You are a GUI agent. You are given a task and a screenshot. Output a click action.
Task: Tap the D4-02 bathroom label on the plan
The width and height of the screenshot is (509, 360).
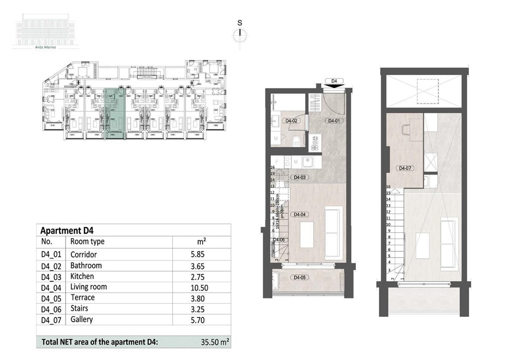click(x=291, y=121)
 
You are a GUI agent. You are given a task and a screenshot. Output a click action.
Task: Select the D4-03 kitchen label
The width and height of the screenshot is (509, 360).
click(x=299, y=177)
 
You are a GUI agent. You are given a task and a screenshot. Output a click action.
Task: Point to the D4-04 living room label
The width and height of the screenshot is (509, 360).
click(x=299, y=214)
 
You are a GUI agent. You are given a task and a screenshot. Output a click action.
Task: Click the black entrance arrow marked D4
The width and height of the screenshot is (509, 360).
click(x=334, y=85)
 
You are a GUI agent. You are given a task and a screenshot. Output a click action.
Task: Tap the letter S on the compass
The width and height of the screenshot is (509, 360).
click(x=240, y=22)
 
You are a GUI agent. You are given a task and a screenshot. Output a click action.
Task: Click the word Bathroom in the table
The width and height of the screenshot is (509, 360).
click(x=86, y=266)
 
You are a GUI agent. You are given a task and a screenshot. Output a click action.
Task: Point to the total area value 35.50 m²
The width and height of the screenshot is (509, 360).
click(x=215, y=342)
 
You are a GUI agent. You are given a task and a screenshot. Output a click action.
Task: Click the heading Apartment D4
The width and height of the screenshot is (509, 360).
click(x=67, y=231)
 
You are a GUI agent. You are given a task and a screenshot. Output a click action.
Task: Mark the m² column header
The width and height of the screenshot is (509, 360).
click(x=202, y=242)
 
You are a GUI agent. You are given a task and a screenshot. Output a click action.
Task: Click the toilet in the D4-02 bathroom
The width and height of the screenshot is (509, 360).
click(x=296, y=140)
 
